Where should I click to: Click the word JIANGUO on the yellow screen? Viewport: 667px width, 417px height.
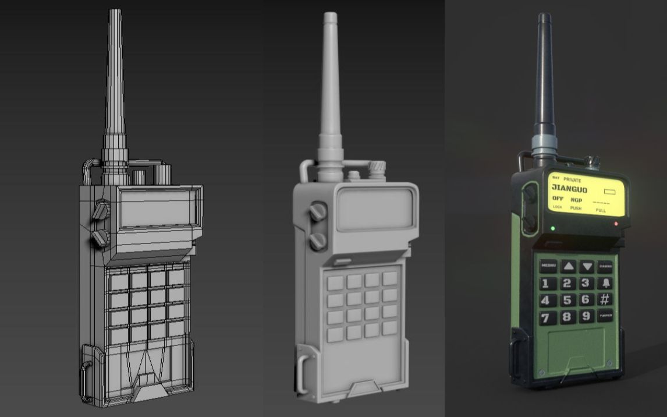point(569,189)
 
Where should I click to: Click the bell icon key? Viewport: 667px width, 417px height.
point(606,283)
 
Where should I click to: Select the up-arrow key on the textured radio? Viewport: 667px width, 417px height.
point(568,266)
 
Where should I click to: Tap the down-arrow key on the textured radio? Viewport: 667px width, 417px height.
point(587,267)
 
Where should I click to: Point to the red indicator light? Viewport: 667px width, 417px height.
point(616,224)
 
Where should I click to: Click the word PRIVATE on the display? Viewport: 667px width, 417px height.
point(572,181)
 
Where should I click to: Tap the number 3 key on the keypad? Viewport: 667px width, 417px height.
point(586,283)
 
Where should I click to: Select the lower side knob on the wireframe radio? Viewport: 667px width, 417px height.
point(101,236)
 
